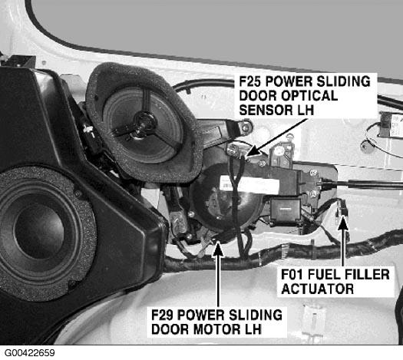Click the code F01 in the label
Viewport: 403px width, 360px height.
292,274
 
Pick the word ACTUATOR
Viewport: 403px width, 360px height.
318,289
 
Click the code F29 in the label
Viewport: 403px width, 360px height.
162,315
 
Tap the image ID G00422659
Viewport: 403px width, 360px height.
30,352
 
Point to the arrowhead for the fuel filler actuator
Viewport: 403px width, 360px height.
343,223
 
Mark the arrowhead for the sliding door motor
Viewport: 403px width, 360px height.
218,248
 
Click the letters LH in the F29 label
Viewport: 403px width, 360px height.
253,329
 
